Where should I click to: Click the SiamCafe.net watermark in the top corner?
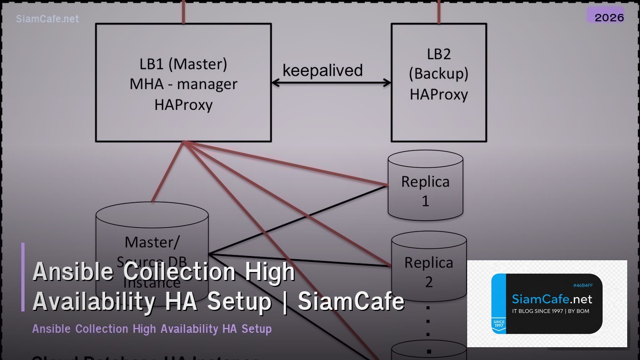click(x=47, y=19)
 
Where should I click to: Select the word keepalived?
click(x=323, y=70)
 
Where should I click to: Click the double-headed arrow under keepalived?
click(x=331, y=83)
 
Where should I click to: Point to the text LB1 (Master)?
click(x=183, y=64)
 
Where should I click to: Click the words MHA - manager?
click(x=183, y=84)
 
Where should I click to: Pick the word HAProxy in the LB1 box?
click(x=183, y=105)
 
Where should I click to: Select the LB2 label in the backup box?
click(x=439, y=53)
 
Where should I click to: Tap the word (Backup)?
click(x=439, y=74)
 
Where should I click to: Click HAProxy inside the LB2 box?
click(x=439, y=94)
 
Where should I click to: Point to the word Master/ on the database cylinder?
click(x=152, y=242)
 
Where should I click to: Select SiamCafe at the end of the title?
click(x=351, y=301)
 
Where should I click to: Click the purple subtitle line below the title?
click(x=152, y=329)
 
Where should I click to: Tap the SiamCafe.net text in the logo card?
click(x=552, y=299)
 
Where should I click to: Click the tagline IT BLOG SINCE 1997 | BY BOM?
click(x=550, y=311)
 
